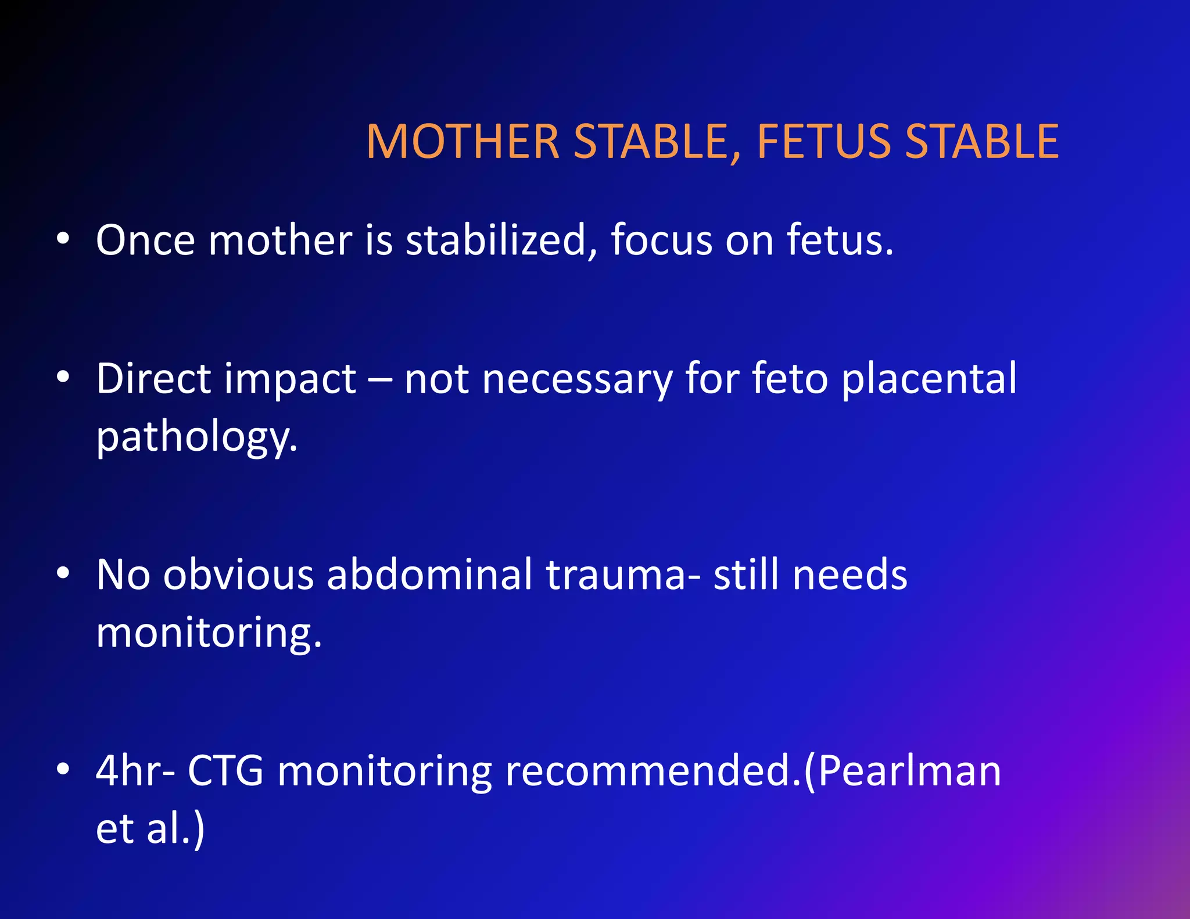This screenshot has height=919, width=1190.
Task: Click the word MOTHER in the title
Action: [x=463, y=142]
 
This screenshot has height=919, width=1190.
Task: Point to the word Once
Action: [x=145, y=240]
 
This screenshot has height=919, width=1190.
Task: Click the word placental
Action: [x=929, y=379]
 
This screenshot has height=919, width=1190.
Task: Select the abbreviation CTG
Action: [x=225, y=771]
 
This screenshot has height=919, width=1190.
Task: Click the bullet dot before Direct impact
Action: [x=63, y=378]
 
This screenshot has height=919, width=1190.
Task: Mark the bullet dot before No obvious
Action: [x=63, y=574]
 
